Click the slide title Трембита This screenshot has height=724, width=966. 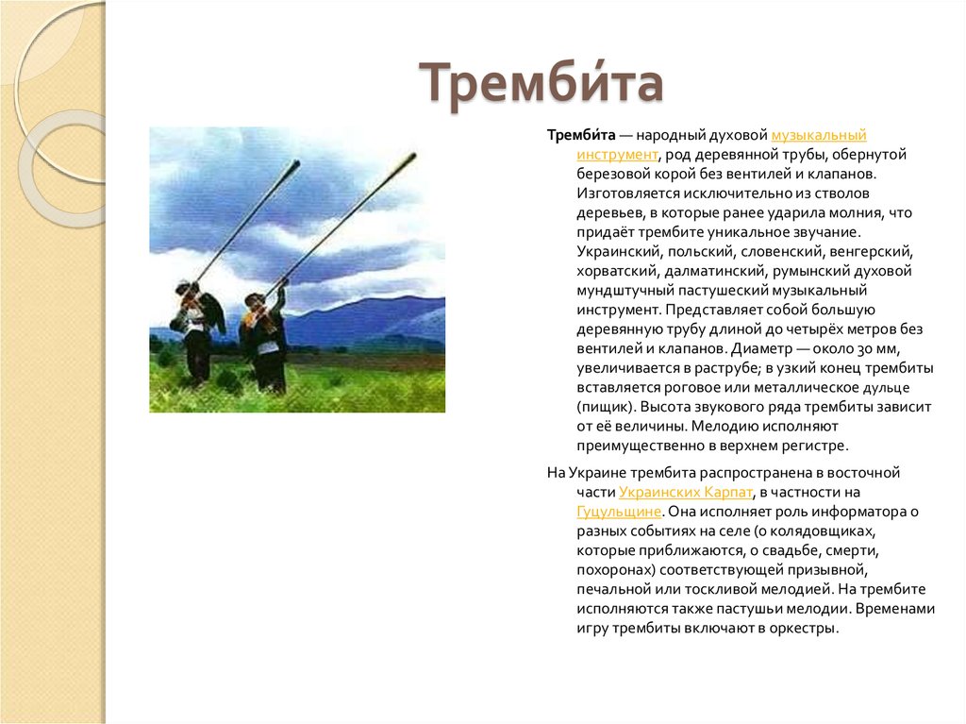[x=541, y=83]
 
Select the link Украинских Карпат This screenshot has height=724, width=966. [x=686, y=492]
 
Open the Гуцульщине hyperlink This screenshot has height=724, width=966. [x=619, y=511]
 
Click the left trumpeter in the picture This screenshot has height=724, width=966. [x=198, y=330]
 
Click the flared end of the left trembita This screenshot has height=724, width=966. [x=295, y=165]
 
